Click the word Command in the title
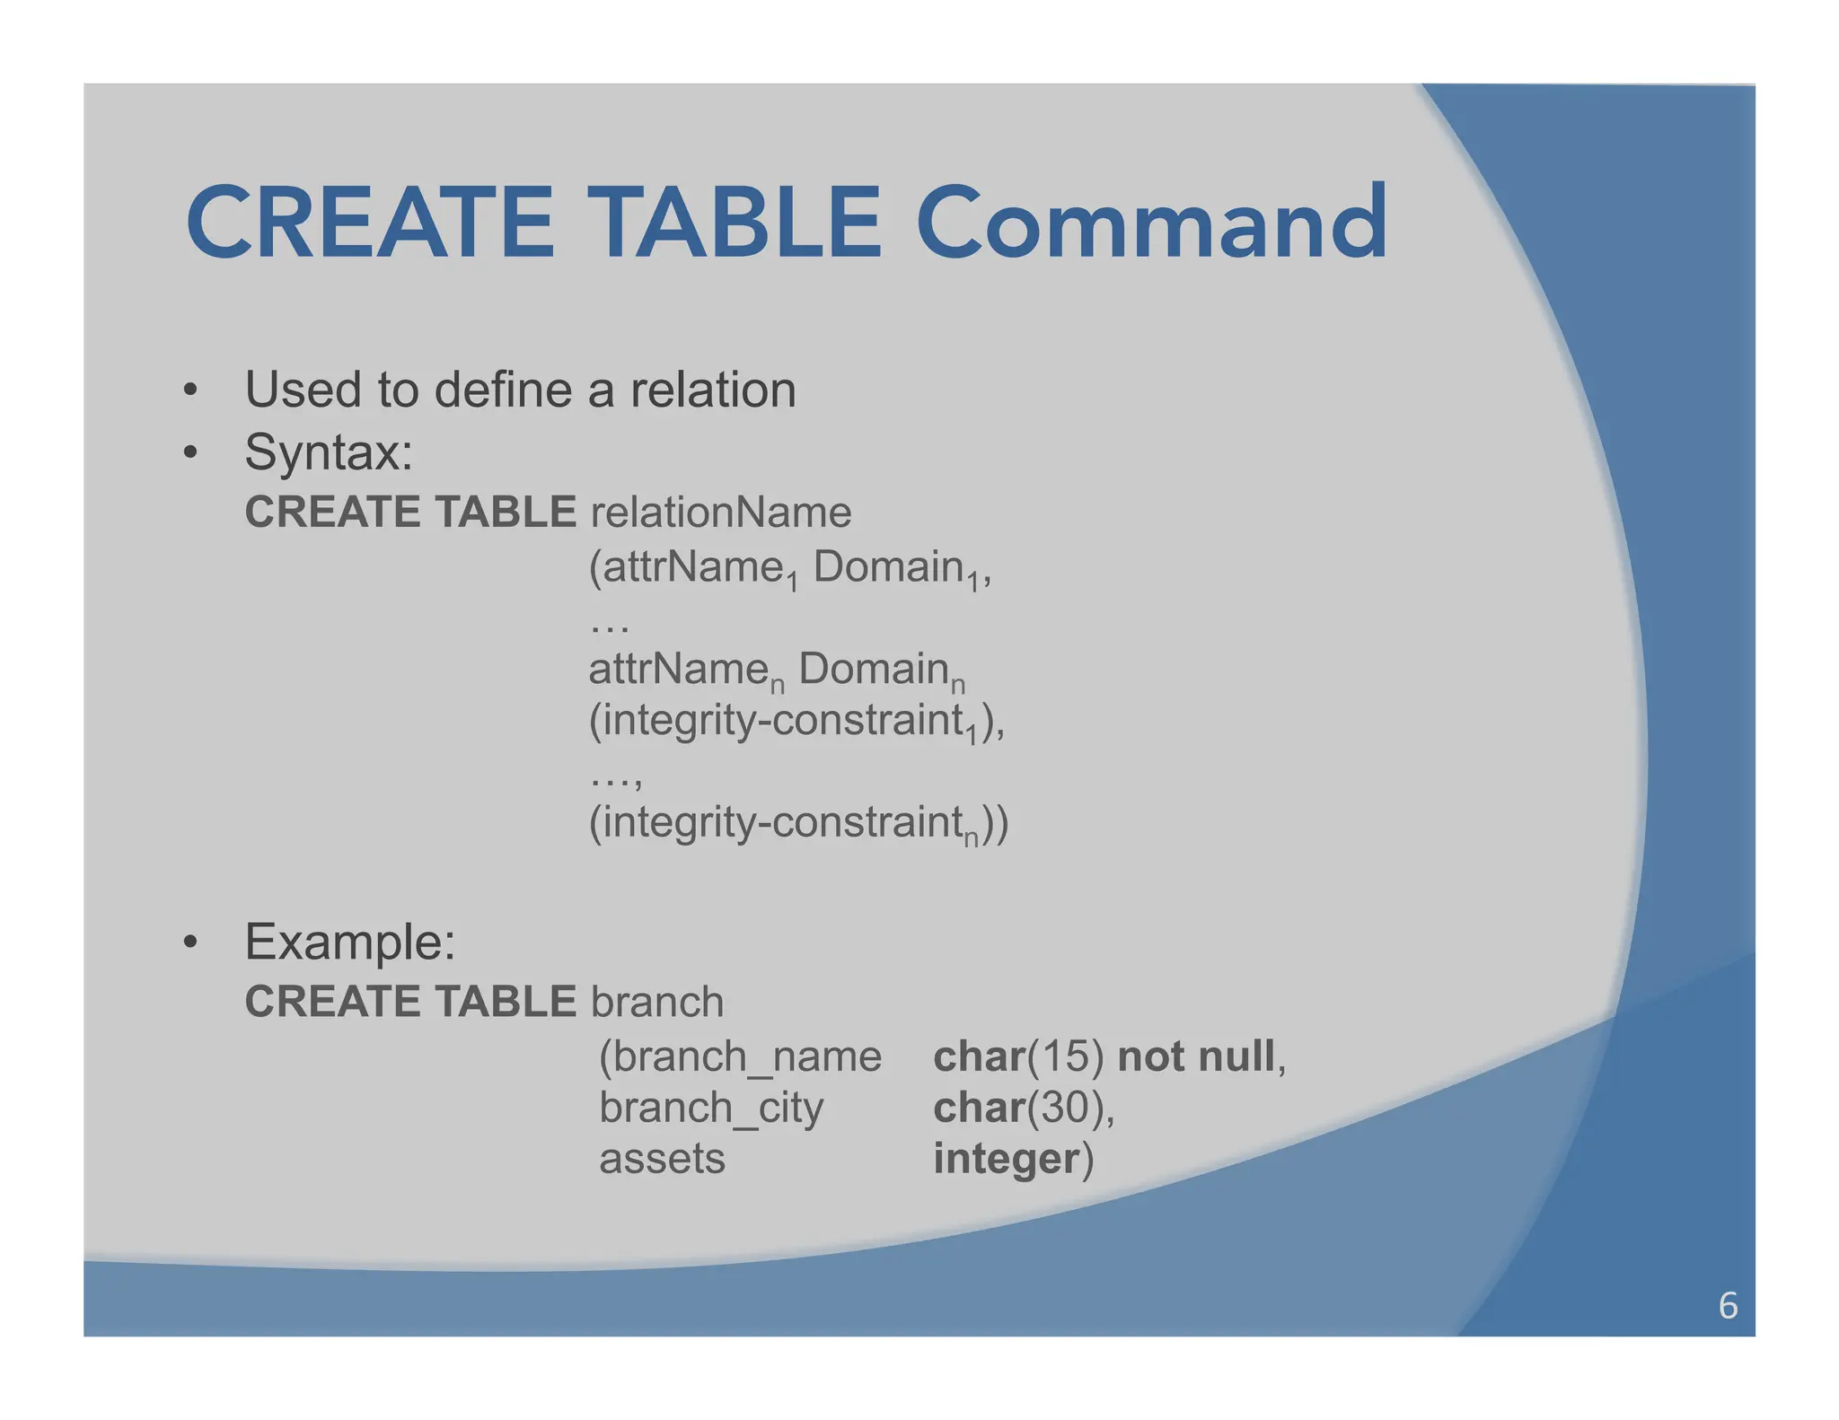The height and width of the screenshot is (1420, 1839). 1151,222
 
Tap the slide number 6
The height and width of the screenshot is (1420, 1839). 1728,1306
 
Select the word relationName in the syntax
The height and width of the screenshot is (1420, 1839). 720,513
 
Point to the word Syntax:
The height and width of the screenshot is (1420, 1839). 329,451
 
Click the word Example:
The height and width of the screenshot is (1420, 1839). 350,942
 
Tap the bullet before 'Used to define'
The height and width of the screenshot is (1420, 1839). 189,391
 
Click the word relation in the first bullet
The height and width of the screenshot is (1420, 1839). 713,390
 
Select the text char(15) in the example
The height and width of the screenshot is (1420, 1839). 1018,1056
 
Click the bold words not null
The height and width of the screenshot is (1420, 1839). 1196,1056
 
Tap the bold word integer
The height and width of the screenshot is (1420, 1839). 1006,1159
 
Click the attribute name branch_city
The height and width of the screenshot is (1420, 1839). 711,1108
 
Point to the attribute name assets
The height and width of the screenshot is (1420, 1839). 662,1159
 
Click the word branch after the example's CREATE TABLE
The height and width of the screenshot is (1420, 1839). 657,1002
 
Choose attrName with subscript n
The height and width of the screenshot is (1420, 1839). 686,671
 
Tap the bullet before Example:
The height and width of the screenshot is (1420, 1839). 189,943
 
